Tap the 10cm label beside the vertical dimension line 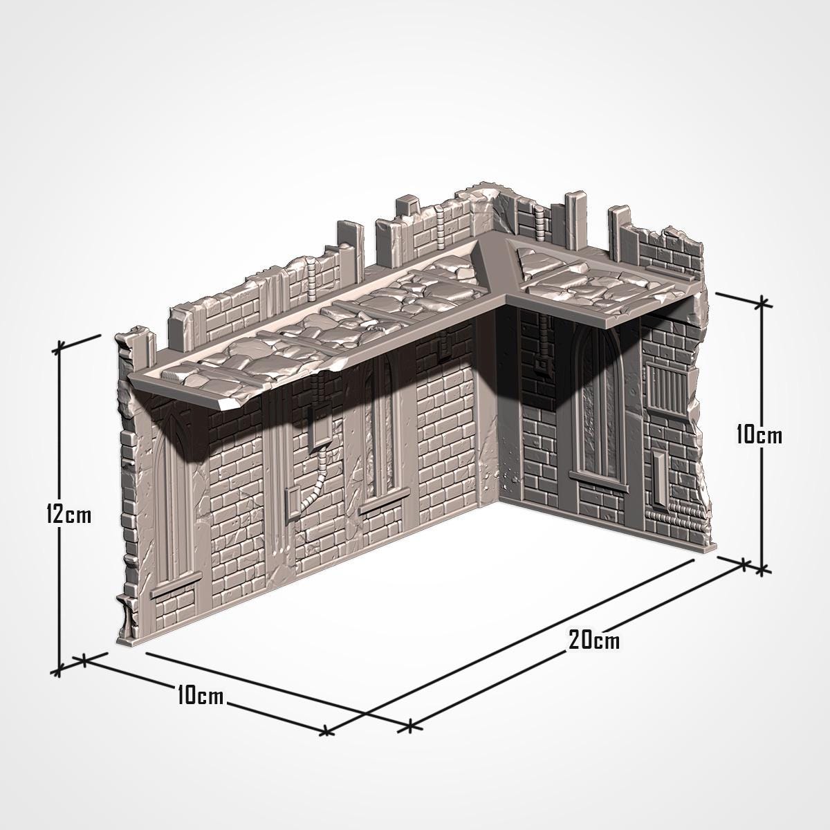[x=759, y=435]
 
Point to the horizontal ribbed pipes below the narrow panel [x=674, y=514]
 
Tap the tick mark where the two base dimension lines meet [x=409, y=726]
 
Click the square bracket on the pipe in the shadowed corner [x=539, y=363]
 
